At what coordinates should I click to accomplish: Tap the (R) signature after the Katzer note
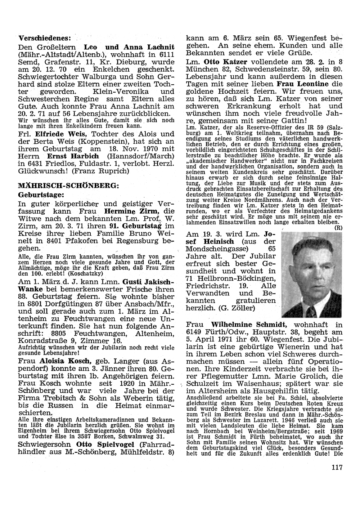point(338,228)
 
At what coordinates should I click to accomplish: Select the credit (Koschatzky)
point(76,273)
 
